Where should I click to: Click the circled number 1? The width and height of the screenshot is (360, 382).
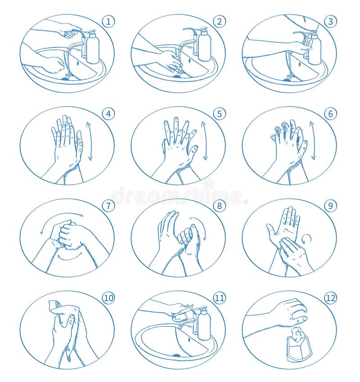click(108, 21)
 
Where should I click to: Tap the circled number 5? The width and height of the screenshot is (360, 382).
click(219, 114)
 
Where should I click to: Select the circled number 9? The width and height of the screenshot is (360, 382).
click(330, 206)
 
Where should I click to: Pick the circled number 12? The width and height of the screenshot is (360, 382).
click(330, 298)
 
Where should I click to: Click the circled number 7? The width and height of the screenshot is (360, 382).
click(108, 206)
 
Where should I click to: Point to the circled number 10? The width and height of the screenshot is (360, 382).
click(108, 298)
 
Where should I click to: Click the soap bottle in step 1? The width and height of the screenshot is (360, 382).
click(92, 49)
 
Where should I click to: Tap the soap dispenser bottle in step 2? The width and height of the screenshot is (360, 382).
click(204, 46)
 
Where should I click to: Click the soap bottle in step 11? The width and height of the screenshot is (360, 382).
click(204, 324)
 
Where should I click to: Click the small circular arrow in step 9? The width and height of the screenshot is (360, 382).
click(306, 238)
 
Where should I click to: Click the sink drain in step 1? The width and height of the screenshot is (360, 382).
click(66, 78)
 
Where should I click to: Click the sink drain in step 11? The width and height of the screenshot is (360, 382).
click(176, 355)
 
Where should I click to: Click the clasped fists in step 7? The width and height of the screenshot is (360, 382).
click(67, 234)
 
